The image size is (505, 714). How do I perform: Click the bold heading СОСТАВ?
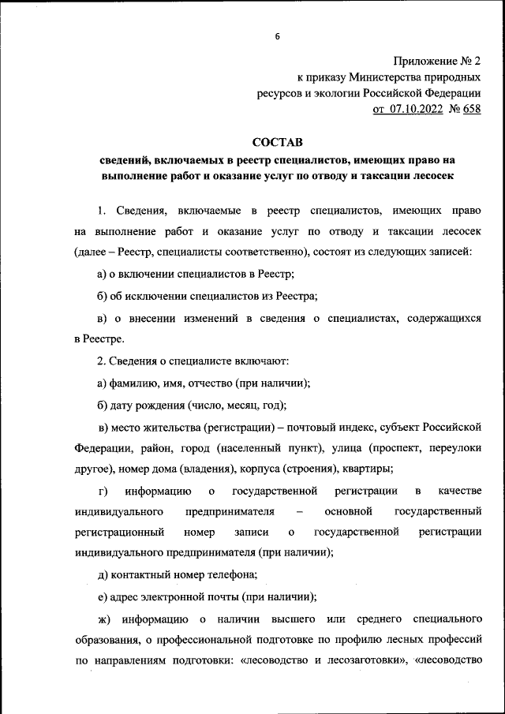277,143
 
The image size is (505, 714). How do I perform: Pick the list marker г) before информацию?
92,491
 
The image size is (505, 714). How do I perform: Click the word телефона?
230,575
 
